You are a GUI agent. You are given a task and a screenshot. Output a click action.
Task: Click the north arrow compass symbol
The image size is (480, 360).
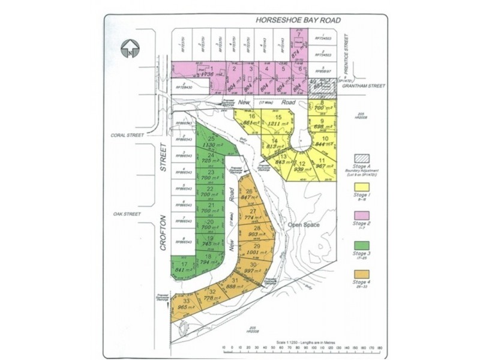[x=130, y=47]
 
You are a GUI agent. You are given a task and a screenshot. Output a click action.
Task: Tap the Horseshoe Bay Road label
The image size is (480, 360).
[x=298, y=20]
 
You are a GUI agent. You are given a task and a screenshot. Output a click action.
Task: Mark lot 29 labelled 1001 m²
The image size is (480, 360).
[x=257, y=251]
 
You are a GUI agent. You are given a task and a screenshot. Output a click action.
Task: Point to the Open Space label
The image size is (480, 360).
[x=304, y=225]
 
